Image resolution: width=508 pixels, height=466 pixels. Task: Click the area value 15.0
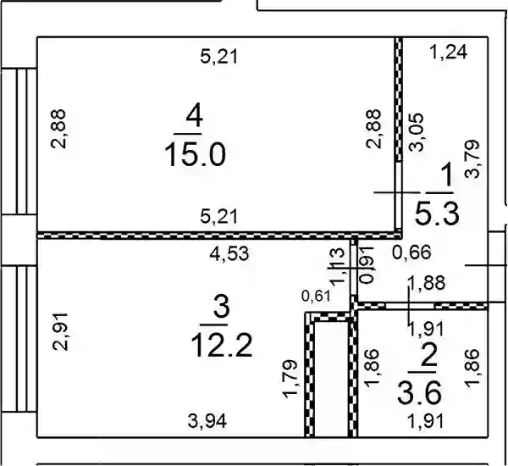click(195, 155)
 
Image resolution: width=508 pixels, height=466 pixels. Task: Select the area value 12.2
click(222, 346)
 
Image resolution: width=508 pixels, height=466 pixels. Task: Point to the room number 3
click(221, 306)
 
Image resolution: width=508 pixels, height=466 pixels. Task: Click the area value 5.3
click(438, 214)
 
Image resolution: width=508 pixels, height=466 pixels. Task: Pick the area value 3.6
click(420, 393)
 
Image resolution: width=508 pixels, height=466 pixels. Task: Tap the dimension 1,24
click(449, 52)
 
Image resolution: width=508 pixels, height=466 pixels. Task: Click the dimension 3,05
click(417, 132)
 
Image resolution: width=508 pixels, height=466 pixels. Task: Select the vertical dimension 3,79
click(472, 158)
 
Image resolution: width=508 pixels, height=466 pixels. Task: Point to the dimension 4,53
click(229, 253)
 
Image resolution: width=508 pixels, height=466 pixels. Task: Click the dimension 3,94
click(207, 422)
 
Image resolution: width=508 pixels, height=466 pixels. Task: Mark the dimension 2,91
click(61, 331)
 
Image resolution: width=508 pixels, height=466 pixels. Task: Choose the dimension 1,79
click(290, 379)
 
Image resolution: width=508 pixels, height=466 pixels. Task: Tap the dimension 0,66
click(411, 252)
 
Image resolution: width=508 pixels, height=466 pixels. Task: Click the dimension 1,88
click(427, 282)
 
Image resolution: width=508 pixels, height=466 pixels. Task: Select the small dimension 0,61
click(316, 296)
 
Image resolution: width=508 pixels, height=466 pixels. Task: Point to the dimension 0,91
click(367, 265)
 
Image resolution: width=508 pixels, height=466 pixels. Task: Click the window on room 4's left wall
click(19, 141)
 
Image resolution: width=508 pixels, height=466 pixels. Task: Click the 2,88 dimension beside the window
click(58, 129)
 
